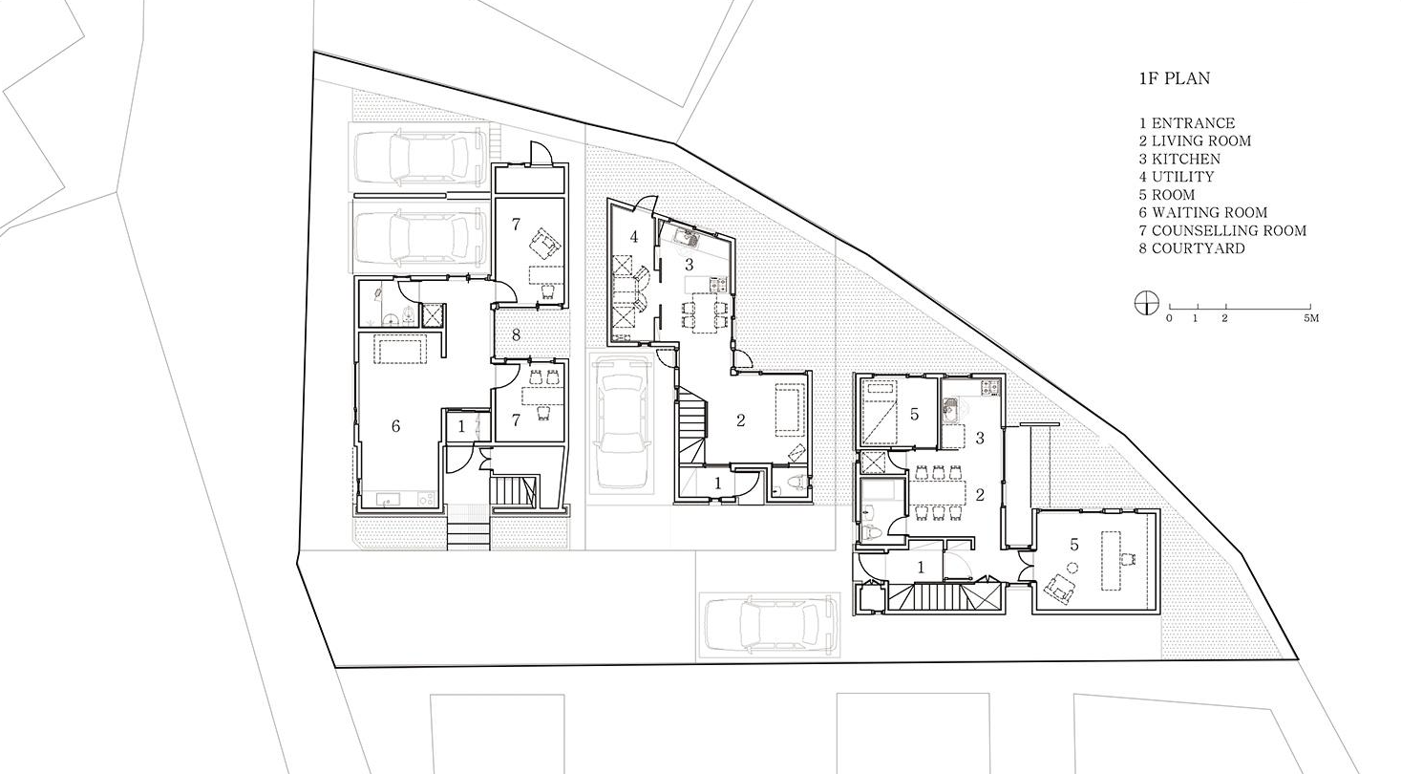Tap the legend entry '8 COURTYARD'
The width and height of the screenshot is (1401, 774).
1192,248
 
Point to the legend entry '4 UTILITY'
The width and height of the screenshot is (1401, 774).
1176,177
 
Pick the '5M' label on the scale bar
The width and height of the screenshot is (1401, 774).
1311,318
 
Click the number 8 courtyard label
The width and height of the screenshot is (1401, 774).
516,334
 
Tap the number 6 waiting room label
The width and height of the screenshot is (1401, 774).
395,426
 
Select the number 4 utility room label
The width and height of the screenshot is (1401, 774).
633,237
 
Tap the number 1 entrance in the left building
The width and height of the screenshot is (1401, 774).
461,427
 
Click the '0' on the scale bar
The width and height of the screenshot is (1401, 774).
1169,318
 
